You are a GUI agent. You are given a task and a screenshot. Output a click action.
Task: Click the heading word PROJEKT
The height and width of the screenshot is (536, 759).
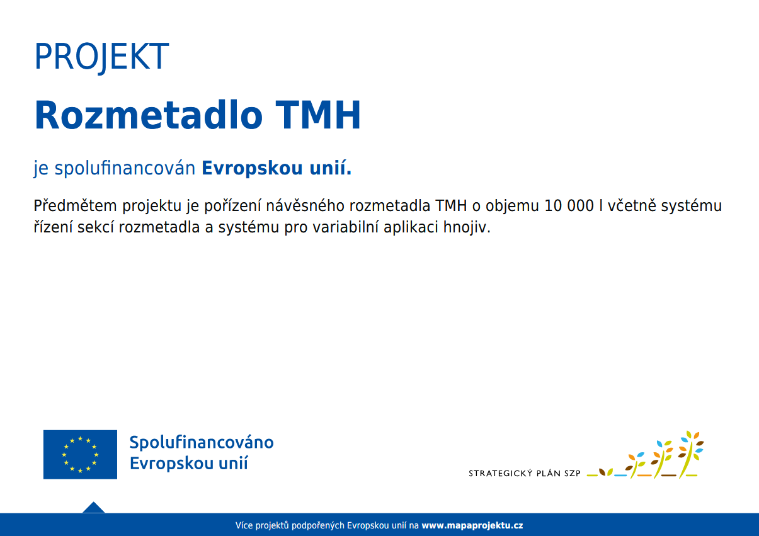pyautogui.click(x=101, y=57)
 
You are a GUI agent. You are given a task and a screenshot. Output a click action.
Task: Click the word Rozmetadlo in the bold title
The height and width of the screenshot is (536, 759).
pyautogui.click(x=149, y=115)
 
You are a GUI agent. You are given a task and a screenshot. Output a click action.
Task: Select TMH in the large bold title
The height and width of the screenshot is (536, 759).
pyautogui.click(x=318, y=115)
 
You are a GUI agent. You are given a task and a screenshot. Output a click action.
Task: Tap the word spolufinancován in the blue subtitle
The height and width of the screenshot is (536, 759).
pyautogui.click(x=125, y=168)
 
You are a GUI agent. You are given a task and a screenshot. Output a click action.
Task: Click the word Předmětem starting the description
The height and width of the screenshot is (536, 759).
pyautogui.click(x=75, y=206)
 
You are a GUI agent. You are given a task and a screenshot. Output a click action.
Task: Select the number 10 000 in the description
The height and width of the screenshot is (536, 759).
pyautogui.click(x=569, y=206)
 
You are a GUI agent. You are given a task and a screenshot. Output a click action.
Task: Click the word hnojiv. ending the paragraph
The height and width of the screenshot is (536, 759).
pyautogui.click(x=467, y=227)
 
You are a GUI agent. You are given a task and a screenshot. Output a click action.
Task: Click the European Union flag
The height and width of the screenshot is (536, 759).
pyautogui.click(x=80, y=454)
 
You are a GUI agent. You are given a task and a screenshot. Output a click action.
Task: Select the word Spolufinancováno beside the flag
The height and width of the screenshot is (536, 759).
pyautogui.click(x=202, y=443)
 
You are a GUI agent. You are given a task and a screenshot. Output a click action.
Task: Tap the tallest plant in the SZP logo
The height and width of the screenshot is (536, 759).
pyautogui.click(x=690, y=455)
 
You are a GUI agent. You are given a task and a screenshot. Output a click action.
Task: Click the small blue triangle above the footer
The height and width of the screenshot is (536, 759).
pyautogui.click(x=93, y=508)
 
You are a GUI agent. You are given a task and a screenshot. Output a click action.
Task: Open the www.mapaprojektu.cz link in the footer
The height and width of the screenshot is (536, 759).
pyautogui.click(x=472, y=525)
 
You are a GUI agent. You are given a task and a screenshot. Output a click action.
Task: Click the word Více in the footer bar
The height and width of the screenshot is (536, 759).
pyautogui.click(x=244, y=525)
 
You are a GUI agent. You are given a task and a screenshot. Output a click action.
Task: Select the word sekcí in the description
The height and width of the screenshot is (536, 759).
pyautogui.click(x=96, y=227)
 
